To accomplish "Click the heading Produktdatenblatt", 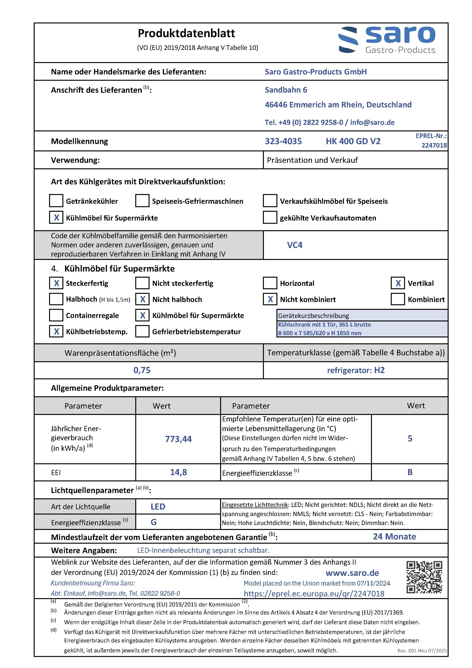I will (186, 34).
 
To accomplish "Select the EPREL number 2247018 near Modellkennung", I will (434, 145).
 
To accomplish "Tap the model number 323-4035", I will (283, 141).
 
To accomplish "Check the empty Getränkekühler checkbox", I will (56, 201).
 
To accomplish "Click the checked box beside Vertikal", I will (398, 283).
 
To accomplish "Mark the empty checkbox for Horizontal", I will (270, 283).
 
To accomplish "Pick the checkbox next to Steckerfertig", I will (56, 283).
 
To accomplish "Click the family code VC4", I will (295, 245).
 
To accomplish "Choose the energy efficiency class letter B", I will (410, 472).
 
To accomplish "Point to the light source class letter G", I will (154, 522).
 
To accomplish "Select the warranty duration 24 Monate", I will (394, 536).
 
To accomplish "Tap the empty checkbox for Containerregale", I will (56, 315).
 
